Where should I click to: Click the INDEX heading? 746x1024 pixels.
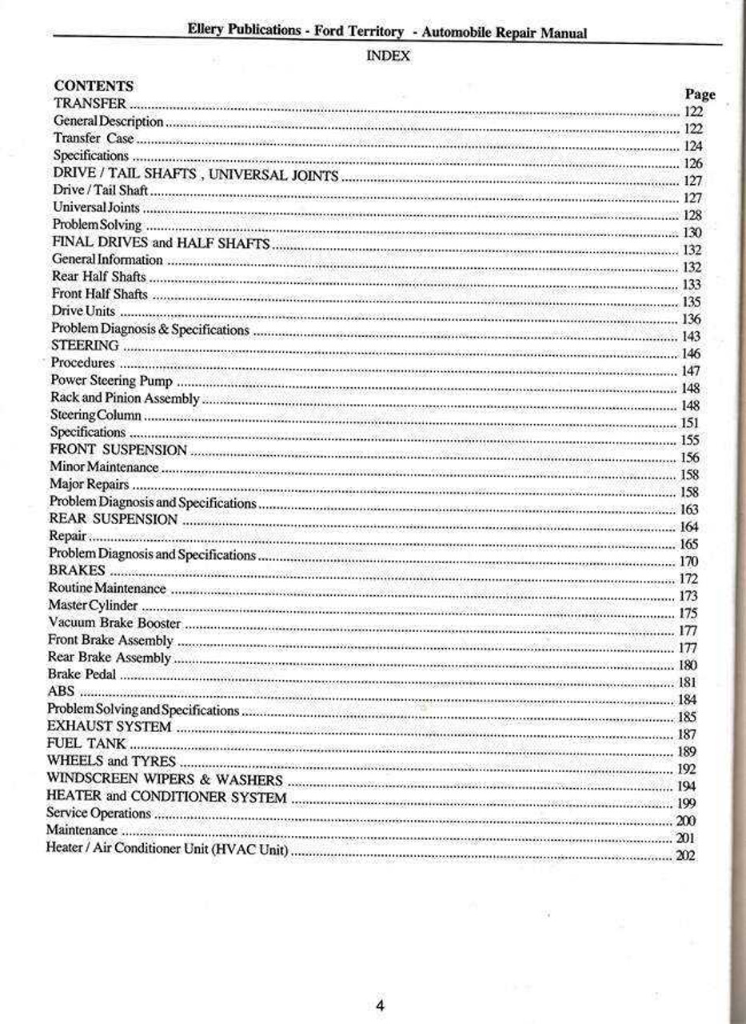click(x=388, y=56)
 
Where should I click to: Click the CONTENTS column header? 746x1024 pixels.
click(x=94, y=86)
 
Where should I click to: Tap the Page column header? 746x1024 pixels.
click(x=700, y=94)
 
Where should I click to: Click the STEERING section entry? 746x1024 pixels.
click(x=86, y=346)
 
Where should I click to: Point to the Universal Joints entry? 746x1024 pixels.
click(x=96, y=208)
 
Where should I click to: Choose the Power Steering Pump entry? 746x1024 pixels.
click(x=111, y=381)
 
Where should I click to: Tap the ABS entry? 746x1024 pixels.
click(x=62, y=691)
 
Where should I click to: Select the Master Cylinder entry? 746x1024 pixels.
click(x=93, y=606)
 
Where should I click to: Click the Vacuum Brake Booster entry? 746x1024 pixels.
click(x=114, y=622)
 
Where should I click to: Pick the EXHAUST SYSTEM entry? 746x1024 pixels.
click(x=110, y=726)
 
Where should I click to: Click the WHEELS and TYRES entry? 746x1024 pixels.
click(x=111, y=761)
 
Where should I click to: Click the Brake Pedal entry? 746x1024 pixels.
click(x=82, y=674)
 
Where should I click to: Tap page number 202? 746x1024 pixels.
click(x=685, y=855)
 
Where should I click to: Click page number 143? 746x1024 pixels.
click(x=691, y=337)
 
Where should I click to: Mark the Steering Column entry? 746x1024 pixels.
click(x=96, y=415)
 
